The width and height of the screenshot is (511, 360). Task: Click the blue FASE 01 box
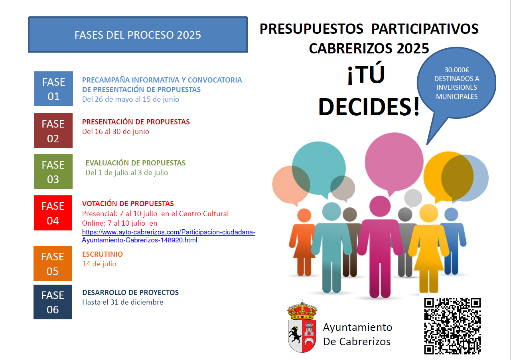point(53,89)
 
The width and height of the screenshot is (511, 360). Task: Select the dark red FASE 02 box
point(53,131)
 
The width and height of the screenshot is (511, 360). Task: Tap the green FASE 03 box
point(53,172)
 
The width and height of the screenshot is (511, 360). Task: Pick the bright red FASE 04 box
point(53,213)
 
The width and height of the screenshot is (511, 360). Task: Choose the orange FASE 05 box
point(53,264)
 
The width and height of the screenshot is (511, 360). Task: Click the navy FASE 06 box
point(53,302)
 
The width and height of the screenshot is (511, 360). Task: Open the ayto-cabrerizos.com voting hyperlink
point(168,236)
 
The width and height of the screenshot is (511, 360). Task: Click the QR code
point(452,326)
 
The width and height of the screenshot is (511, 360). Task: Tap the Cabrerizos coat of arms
point(302,327)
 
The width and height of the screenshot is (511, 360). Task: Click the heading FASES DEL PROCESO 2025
point(138,35)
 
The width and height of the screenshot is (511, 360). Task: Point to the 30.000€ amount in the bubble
point(457,70)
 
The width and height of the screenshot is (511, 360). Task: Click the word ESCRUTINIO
point(103,254)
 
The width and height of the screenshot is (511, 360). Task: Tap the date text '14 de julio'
point(99,264)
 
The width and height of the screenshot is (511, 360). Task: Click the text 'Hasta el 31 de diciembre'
point(123,302)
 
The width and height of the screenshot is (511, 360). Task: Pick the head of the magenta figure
point(380,206)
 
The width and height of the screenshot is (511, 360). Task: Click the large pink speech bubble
point(394,162)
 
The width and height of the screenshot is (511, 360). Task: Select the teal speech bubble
point(319,168)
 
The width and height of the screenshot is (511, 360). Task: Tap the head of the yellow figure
point(429,213)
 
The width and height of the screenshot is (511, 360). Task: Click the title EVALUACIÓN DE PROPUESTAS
point(136,163)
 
